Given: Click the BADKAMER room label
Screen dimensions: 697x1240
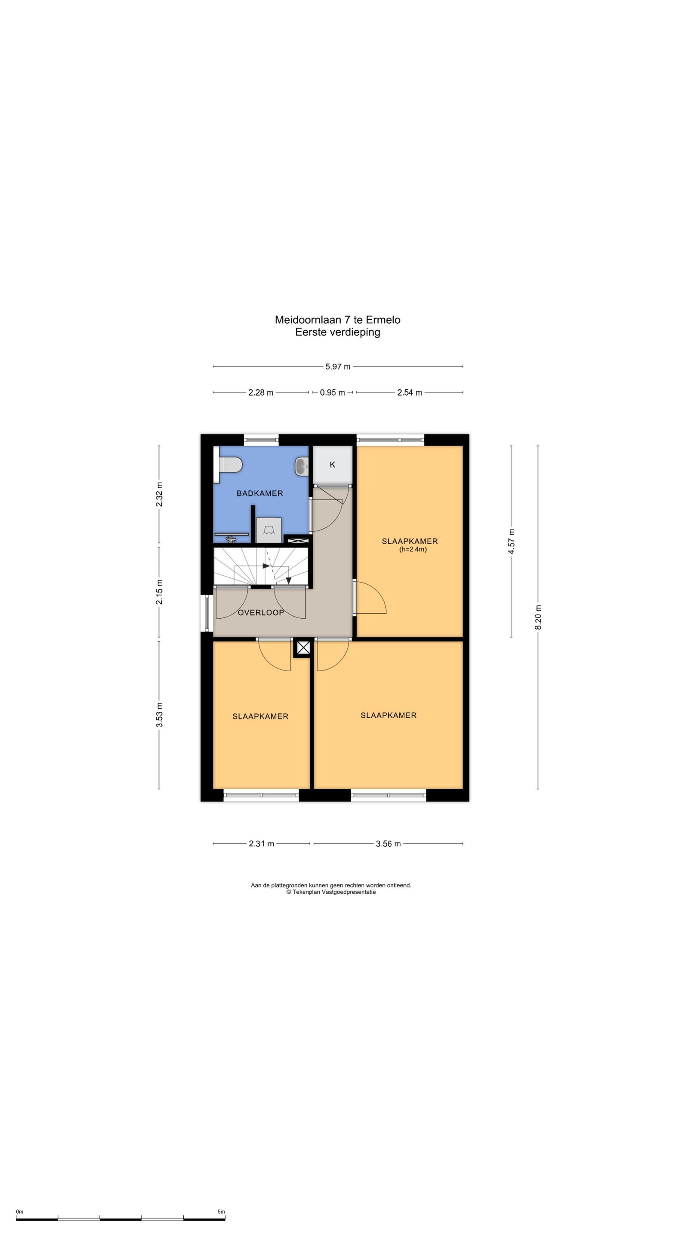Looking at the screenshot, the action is [x=260, y=493].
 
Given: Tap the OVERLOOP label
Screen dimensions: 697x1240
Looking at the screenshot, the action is [x=261, y=613].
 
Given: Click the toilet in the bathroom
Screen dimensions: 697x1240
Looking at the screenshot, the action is [x=229, y=465].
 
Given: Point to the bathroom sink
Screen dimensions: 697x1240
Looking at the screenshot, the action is [x=302, y=466].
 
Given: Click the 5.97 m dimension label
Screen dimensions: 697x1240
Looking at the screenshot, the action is [x=338, y=366].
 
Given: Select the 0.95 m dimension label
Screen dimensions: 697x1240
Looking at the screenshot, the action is [x=333, y=392].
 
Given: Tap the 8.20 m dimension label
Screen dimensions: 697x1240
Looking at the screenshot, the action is [x=538, y=617].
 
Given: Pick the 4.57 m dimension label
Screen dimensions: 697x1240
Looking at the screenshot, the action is [x=511, y=542].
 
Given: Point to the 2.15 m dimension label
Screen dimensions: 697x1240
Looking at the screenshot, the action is [x=159, y=592].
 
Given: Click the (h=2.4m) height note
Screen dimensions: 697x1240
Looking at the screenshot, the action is [x=413, y=549].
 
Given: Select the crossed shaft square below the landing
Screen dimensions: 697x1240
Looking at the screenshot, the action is [x=303, y=648].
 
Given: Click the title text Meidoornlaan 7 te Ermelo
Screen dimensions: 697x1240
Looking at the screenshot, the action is [x=338, y=319].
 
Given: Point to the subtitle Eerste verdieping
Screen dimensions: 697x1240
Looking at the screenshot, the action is [x=338, y=332].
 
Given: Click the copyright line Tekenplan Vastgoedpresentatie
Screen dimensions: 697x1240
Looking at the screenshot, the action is [x=331, y=892].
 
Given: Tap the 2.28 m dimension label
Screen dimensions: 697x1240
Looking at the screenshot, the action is [x=261, y=392].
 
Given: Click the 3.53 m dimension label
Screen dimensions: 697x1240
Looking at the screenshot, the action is [x=159, y=715].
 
